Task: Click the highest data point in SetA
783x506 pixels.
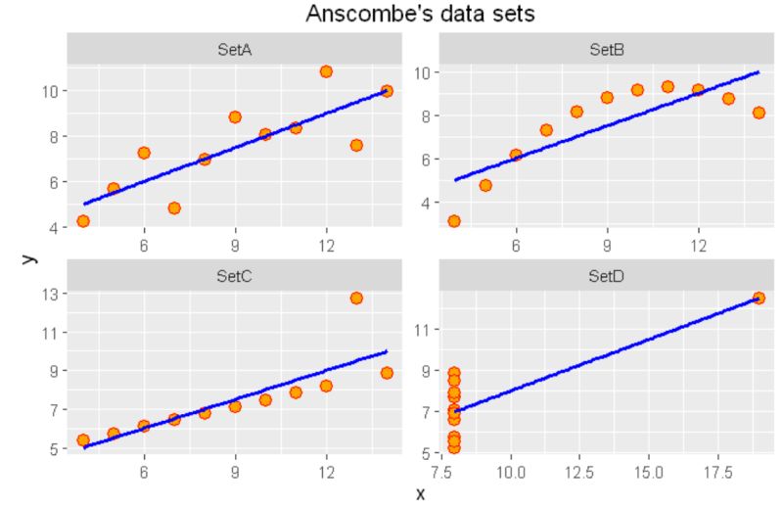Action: click(326, 71)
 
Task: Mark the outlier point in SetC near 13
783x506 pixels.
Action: click(356, 298)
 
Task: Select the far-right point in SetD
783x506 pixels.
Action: click(759, 298)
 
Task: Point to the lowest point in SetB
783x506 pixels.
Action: click(455, 221)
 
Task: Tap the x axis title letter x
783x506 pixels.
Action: click(421, 493)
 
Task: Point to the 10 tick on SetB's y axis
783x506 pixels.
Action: click(424, 72)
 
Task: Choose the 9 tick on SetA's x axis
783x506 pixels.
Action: click(235, 245)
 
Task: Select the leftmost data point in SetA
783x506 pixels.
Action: click(83, 220)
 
